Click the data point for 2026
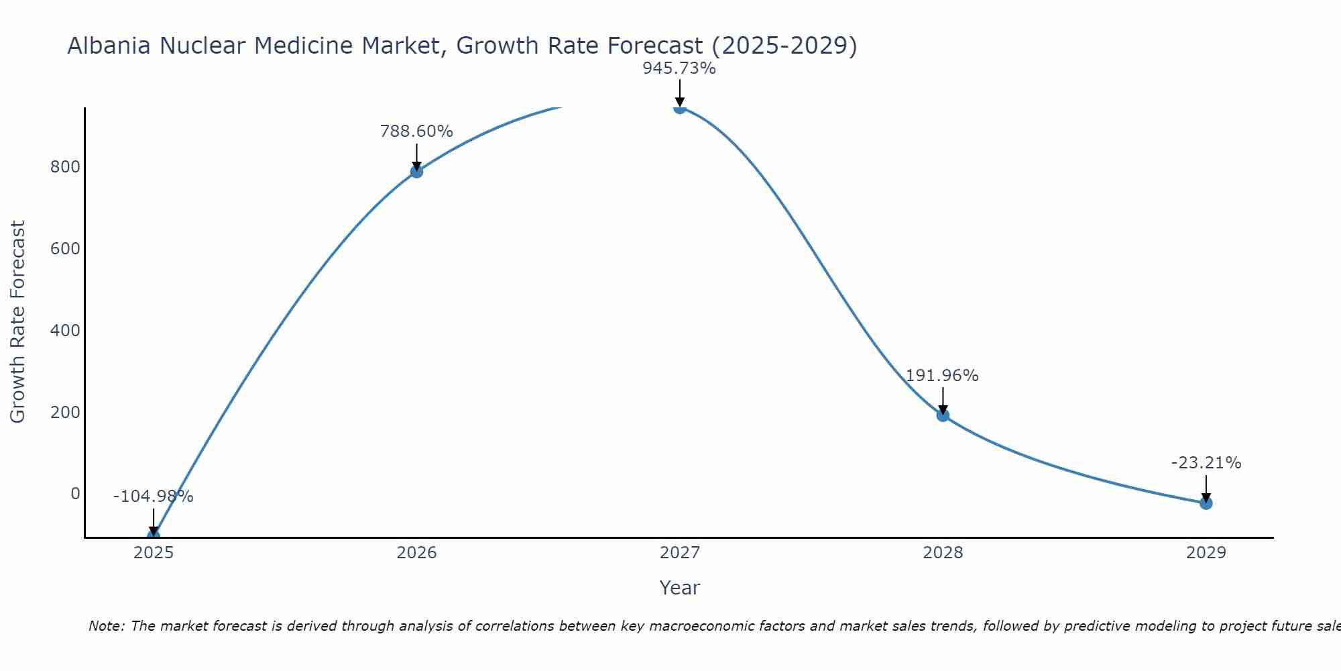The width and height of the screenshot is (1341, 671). pos(416,172)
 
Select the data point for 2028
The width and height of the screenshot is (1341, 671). pos(943,415)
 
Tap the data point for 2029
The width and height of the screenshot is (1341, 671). pos(1206,503)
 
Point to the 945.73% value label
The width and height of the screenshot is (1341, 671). pos(679,68)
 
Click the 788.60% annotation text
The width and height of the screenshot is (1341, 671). pos(416,132)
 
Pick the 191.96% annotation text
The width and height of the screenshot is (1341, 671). pos(942,376)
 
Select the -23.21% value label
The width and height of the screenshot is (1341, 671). pos(1206,463)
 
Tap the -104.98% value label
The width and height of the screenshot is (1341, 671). pos(154,497)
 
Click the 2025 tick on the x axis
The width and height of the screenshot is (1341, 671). pos(154,553)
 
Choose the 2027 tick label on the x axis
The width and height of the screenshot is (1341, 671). pos(680,553)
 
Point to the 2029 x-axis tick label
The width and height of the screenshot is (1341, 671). pos(1206,553)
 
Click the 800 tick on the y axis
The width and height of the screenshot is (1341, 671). pos(65,167)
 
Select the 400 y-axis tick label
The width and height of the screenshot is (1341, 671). pos(65,330)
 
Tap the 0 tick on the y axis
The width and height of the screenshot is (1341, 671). pos(75,494)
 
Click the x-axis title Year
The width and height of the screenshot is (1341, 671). pos(679,588)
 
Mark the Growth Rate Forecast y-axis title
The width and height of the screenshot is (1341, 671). pos(17,322)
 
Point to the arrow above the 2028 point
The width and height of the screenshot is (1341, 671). pos(943,400)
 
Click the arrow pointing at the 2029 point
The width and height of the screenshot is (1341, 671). pos(1206,488)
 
